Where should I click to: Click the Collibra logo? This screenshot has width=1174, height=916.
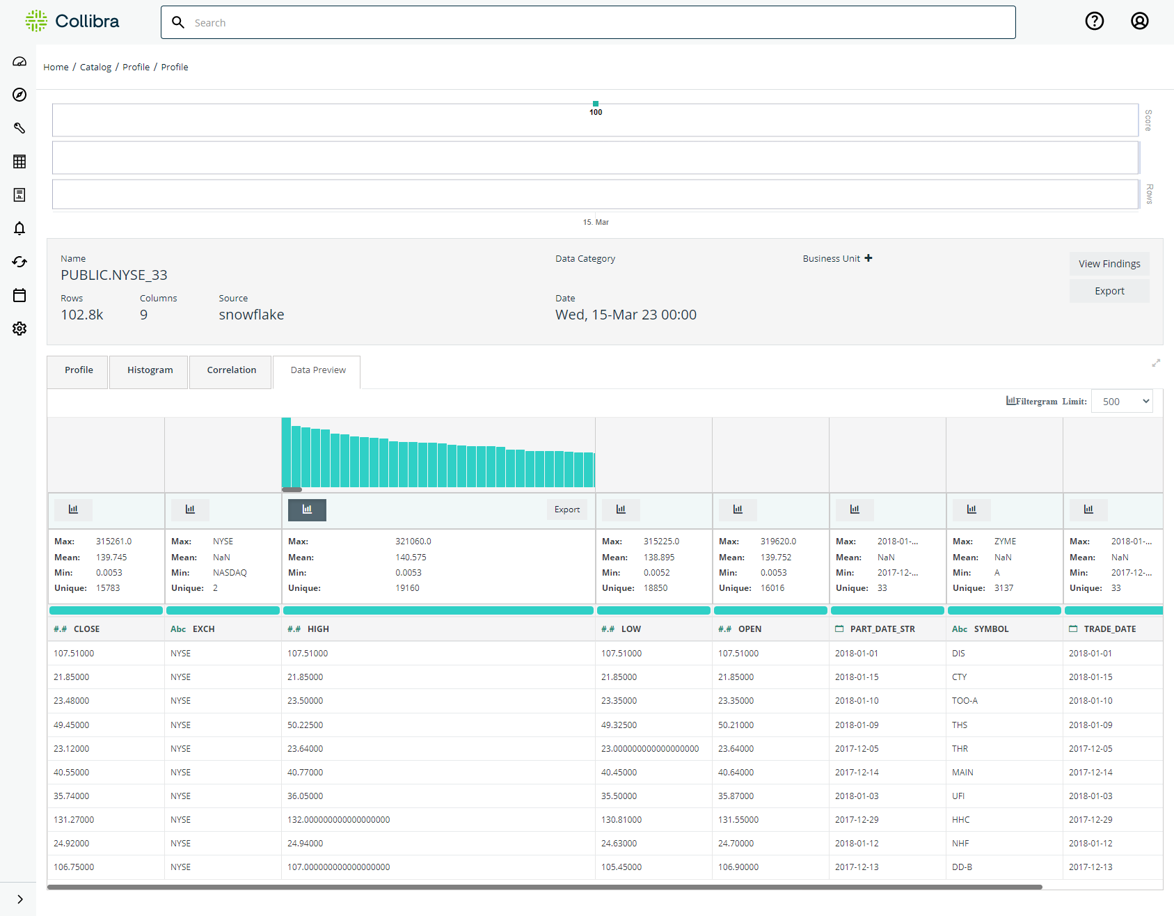pos(72,22)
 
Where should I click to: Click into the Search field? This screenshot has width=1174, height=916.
pos(588,22)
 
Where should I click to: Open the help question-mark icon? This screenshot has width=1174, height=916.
pos(1095,22)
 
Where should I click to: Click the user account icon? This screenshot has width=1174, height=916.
pos(1139,22)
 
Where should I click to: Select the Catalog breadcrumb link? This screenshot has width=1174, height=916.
pos(95,68)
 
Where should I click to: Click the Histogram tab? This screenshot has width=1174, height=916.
pos(150,370)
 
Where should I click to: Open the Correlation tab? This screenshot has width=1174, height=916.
pos(232,370)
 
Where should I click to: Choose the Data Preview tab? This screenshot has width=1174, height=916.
pos(318,370)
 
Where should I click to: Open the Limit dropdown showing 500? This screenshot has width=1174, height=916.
pos(1122,402)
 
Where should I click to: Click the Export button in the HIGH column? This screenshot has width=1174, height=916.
pos(567,510)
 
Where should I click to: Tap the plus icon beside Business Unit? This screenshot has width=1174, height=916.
pos(868,258)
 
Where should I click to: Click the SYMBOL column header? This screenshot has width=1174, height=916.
pos(991,629)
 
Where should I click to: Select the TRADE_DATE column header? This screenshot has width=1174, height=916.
pos(1110,629)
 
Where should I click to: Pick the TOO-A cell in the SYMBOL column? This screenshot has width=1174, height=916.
pos(965,701)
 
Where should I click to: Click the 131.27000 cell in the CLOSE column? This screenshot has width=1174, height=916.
pos(74,820)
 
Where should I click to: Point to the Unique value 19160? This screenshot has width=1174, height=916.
pos(408,588)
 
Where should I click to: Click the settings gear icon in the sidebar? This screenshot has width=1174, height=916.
pos(19,329)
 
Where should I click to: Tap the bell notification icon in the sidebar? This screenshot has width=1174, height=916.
pos(19,228)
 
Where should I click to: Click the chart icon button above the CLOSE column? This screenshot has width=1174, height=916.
pos(73,510)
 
